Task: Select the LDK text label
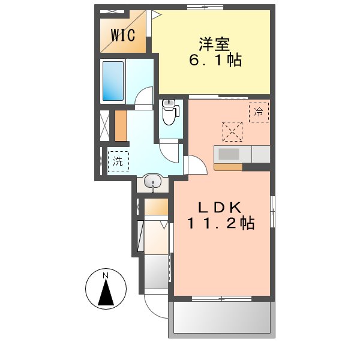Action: (x=221, y=208)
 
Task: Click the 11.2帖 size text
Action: (x=221, y=224)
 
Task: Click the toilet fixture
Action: (x=170, y=112)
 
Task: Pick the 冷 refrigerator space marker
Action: (x=259, y=112)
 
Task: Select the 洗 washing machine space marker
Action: (x=118, y=161)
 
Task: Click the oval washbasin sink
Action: (x=154, y=181)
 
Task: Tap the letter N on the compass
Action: (x=106, y=276)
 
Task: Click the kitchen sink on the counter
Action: (x=229, y=154)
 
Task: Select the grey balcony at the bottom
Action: (x=222, y=317)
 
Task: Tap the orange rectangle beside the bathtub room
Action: (x=121, y=125)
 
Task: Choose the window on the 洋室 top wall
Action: (x=204, y=7)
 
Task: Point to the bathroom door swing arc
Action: (x=143, y=98)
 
